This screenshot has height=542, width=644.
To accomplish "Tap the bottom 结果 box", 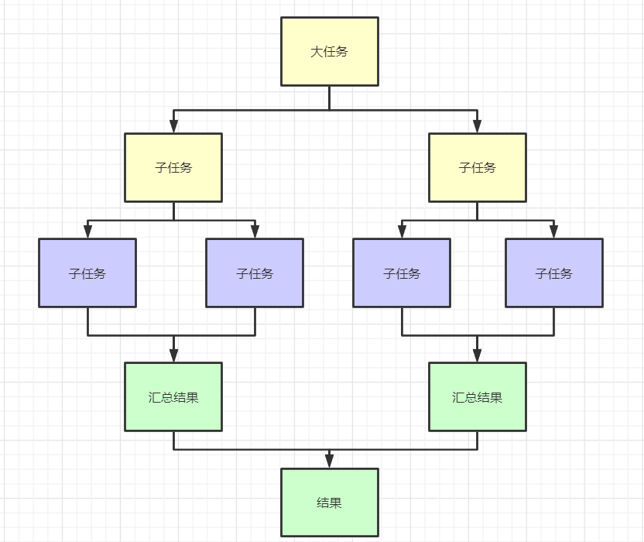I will click(329, 519).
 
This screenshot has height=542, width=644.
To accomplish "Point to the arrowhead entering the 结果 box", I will click(329, 462).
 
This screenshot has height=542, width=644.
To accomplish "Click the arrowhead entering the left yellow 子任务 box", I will click(173, 126).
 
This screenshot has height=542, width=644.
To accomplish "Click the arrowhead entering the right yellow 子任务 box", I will click(477, 126).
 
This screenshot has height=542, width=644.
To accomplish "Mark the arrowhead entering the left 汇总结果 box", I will click(173, 355).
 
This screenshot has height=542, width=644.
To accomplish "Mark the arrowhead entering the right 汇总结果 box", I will click(477, 355).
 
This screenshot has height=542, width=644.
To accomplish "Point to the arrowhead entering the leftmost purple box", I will click(87, 232).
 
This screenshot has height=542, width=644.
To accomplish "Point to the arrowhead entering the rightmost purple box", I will click(553, 232).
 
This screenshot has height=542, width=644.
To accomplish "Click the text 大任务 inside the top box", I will click(329, 52).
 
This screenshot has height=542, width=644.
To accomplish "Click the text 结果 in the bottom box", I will click(329, 503).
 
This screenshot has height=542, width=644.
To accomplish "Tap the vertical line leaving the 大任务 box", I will click(329, 97).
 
